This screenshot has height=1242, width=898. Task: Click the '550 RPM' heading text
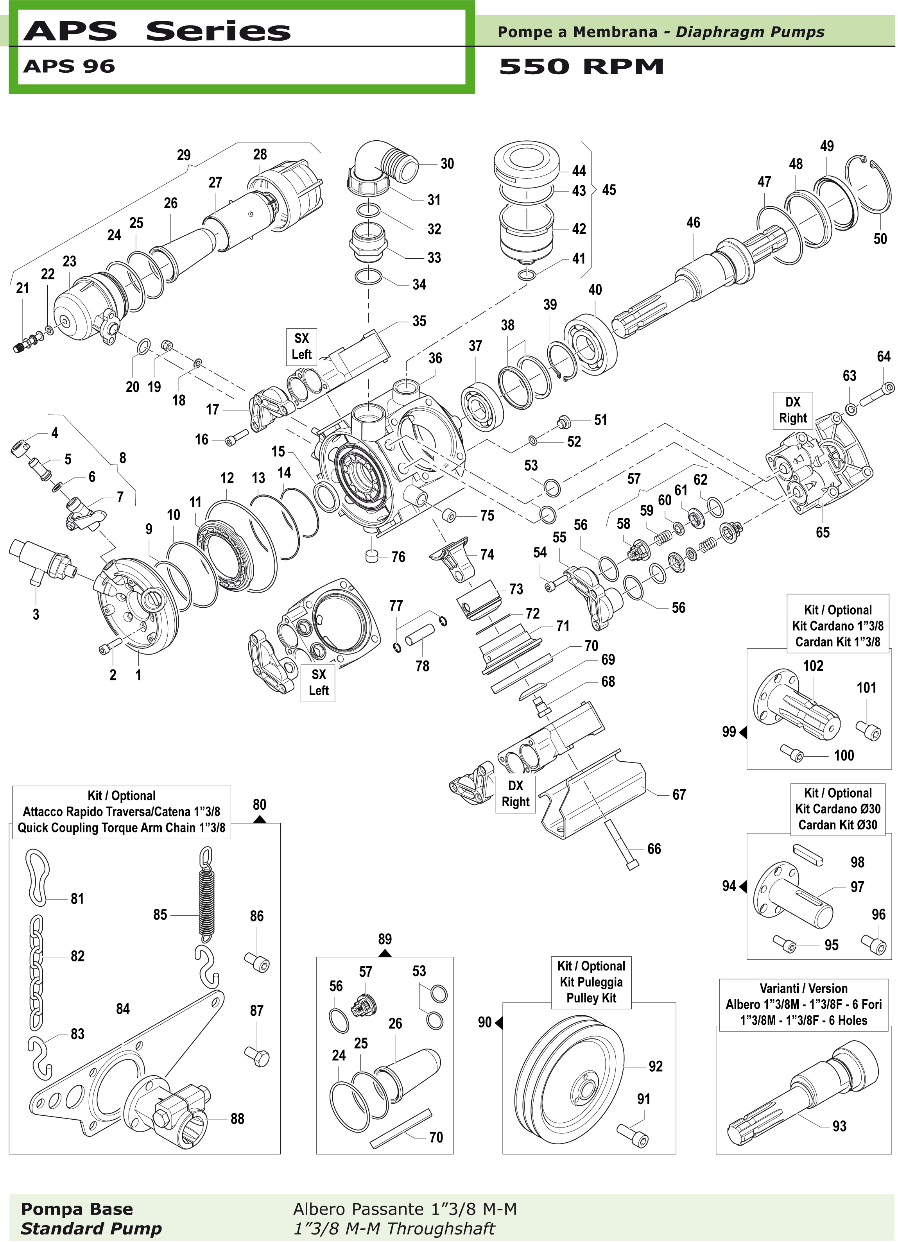[581, 67]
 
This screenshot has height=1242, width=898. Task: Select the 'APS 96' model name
[69, 66]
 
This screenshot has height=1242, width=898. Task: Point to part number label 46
[693, 222]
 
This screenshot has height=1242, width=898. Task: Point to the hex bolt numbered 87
[257, 1056]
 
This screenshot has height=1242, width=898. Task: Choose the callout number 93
[839, 1126]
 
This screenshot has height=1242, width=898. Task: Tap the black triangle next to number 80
[260, 820]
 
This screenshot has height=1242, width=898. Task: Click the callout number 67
[679, 795]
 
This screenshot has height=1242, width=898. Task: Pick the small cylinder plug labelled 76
[373, 556]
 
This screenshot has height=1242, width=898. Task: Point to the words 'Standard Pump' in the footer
[91, 1228]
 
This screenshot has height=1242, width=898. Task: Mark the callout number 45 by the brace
[609, 190]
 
